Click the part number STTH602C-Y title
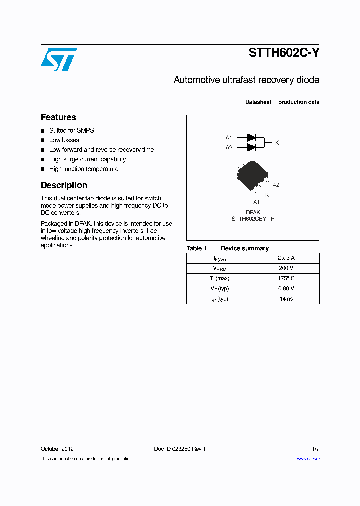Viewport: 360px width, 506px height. [x=284, y=54]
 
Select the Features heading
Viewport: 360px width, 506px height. [x=58, y=117]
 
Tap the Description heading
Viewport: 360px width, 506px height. [x=64, y=185]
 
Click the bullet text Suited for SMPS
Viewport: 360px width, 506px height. [x=71, y=130]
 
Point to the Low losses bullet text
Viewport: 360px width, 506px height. [x=64, y=140]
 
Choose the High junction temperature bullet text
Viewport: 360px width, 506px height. [x=84, y=169]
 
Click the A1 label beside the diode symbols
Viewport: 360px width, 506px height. [x=229, y=138]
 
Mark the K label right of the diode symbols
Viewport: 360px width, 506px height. [x=277, y=143]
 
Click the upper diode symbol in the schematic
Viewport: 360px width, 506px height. [x=252, y=137]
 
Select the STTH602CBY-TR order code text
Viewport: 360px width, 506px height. [x=253, y=219]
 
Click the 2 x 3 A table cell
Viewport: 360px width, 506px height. [x=286, y=258]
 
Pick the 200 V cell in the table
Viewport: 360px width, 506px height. [x=286, y=268]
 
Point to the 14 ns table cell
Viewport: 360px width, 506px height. [x=286, y=299]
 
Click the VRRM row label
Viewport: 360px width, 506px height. [x=220, y=268]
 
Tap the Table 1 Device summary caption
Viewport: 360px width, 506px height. [x=227, y=248]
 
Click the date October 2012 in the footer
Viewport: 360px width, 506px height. [x=57, y=449]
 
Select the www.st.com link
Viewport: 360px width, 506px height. [x=308, y=459]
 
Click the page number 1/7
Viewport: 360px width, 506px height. [x=315, y=449]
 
